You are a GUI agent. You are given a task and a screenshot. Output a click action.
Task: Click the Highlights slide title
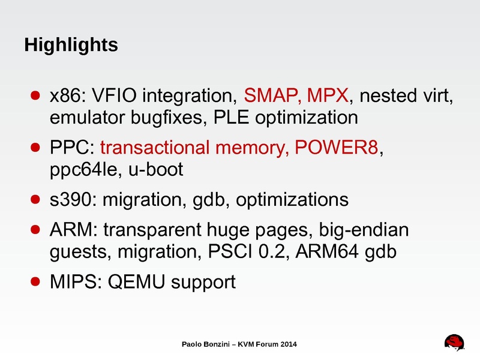(70, 44)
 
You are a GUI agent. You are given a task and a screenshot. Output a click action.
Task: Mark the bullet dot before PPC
(35, 148)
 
